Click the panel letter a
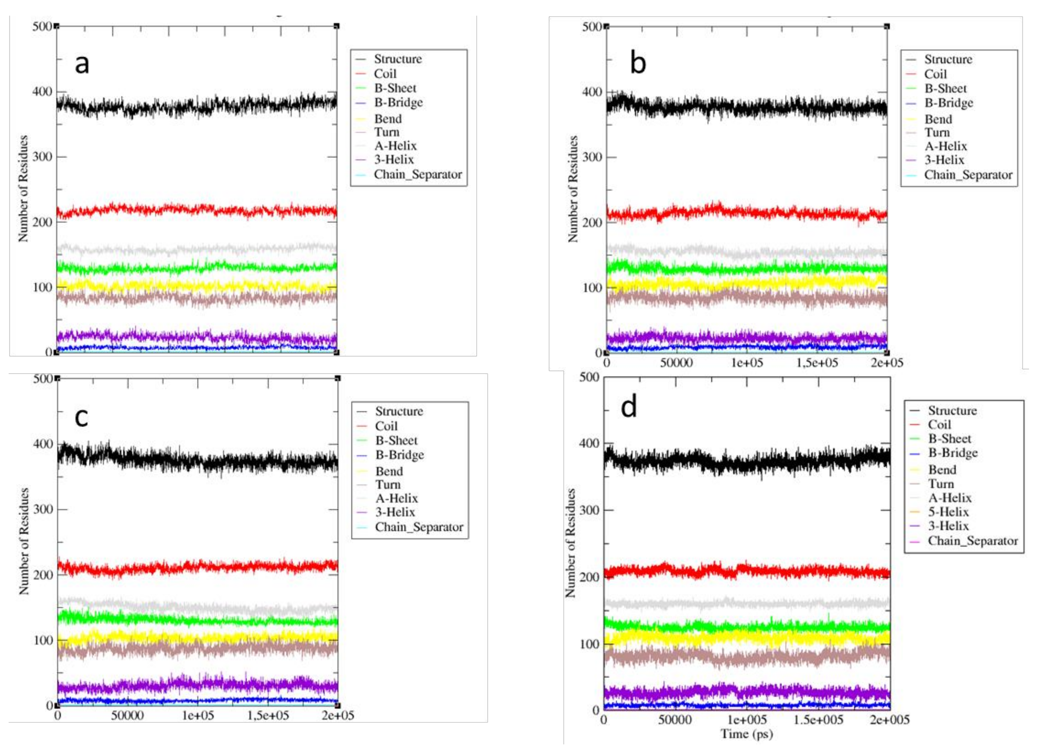[x=82, y=64]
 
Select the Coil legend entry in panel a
[x=385, y=74]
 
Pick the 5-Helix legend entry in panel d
[x=948, y=512]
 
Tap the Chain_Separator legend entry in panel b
[x=968, y=175]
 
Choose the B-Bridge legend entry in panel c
[x=399, y=455]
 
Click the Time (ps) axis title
[x=747, y=734]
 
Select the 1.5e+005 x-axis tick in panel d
[x=818, y=720]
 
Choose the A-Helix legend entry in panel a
[x=395, y=146]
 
